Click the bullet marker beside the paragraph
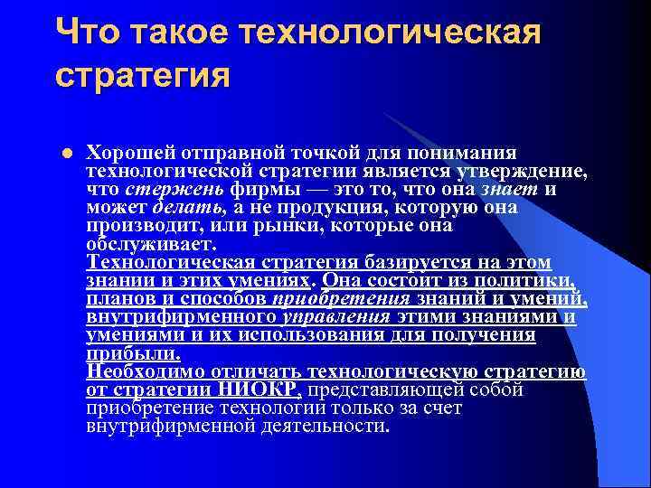[68, 152]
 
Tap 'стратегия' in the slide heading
[142, 76]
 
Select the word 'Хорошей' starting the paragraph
[123, 151]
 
